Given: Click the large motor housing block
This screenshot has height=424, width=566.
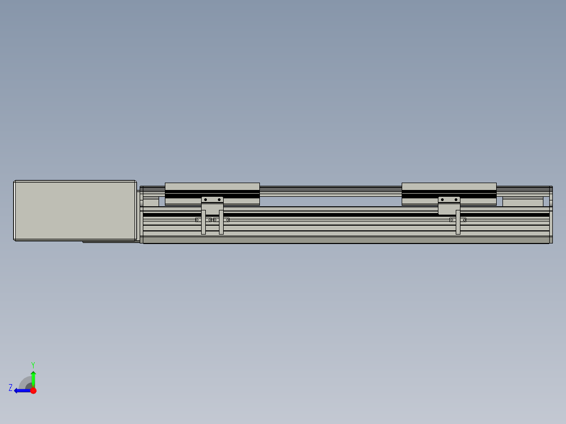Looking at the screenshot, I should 75,210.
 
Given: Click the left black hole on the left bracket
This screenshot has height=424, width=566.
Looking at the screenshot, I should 206,199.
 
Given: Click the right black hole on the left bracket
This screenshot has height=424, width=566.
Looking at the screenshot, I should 219,199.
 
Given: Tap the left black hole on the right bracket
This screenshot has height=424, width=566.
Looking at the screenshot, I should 443,199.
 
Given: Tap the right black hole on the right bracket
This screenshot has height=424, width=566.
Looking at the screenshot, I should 455,199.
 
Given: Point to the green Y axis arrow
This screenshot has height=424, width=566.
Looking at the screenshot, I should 33,377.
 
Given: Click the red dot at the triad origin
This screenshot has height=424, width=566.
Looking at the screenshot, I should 33,390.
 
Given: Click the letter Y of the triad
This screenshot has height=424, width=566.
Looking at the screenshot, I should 33,364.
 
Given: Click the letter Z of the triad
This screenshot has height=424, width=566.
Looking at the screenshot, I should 11,388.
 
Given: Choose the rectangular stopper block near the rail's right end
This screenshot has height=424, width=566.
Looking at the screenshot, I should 522,202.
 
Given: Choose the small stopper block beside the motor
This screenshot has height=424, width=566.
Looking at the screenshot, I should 151,202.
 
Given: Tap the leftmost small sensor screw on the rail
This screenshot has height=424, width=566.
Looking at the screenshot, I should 197,220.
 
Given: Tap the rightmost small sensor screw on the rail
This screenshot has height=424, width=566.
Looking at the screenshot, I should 464,220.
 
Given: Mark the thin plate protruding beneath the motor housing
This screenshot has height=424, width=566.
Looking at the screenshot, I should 111,242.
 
